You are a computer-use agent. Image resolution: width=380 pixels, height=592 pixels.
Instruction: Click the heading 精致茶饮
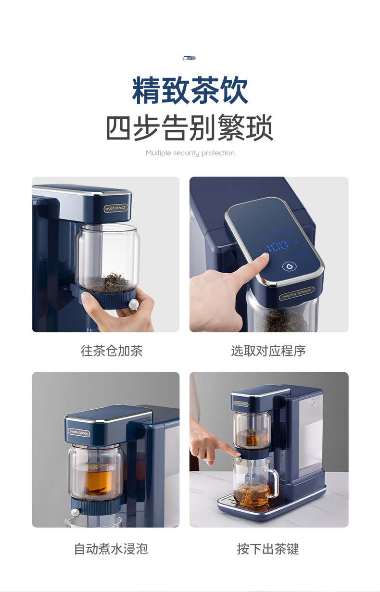[190, 90]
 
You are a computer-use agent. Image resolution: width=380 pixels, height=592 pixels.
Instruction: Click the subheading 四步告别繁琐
[190, 127]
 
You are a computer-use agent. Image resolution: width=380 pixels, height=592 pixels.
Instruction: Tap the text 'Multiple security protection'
[190, 153]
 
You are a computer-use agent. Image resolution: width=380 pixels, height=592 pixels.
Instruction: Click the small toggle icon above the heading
[189, 58]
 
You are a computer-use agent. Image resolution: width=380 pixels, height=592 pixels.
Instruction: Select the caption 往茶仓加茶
[112, 351]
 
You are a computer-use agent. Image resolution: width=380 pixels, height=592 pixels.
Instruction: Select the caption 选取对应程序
[268, 351]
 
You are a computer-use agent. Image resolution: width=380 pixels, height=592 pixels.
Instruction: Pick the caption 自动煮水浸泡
[111, 549]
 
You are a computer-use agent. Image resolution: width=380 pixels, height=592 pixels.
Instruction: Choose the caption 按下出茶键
[268, 549]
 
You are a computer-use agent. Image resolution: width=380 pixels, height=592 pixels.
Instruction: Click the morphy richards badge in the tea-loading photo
[115, 208]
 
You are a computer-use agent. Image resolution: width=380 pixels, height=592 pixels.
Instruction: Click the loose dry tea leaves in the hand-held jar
[109, 283]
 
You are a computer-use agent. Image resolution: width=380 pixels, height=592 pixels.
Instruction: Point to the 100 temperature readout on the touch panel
[278, 246]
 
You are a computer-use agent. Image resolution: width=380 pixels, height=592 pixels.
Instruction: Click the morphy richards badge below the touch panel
[296, 293]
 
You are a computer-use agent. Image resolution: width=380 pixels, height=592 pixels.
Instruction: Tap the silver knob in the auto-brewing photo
[76, 512]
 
